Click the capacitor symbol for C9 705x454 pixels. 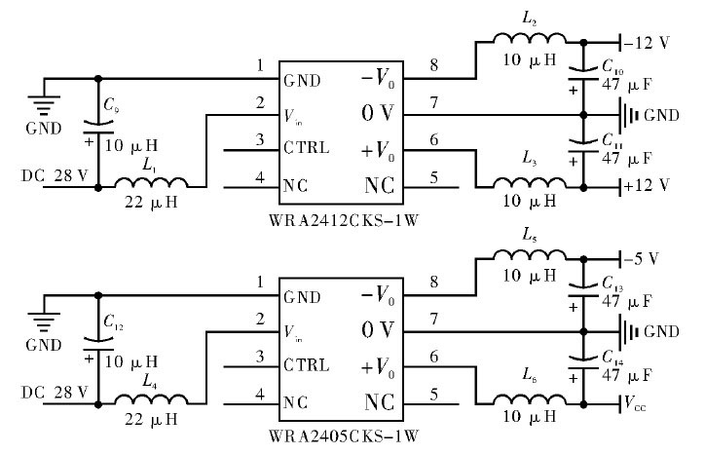point(97,125)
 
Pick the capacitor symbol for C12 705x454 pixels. point(97,342)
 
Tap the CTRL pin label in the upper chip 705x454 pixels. point(307,149)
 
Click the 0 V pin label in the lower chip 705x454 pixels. point(379,330)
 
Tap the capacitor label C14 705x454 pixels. point(612,357)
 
